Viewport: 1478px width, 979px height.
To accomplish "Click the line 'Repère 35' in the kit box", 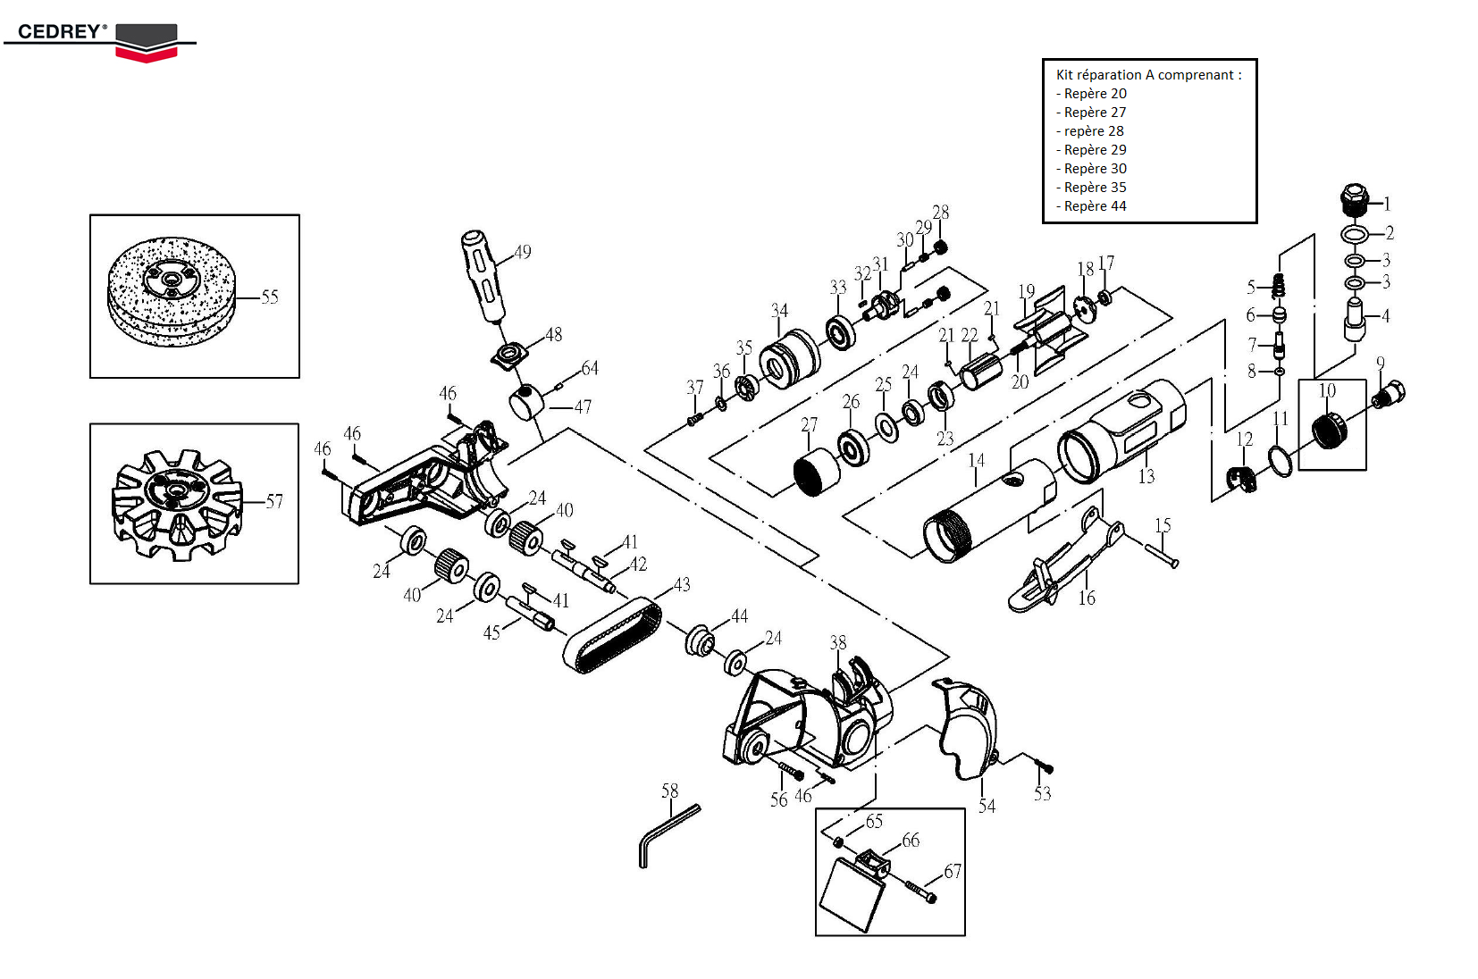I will pos(1095,188).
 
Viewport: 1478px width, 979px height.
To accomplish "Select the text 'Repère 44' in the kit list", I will pos(1095,206).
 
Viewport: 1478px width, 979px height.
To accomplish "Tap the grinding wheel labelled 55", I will pos(172,290).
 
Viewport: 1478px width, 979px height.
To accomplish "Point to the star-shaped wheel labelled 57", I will pos(177,505).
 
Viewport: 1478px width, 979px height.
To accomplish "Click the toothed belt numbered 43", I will pos(613,636).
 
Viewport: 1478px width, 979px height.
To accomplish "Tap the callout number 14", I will pos(976,460).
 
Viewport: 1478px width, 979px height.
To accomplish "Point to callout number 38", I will pos(837,642).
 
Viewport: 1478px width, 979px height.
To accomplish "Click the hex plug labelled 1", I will pos(1355,201).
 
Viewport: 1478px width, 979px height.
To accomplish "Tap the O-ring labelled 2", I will pos(1355,234).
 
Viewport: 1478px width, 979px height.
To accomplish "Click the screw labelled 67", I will pos(920,891).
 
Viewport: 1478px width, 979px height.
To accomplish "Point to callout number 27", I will pos(809,424).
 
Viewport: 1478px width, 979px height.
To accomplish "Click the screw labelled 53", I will pos(1044,766).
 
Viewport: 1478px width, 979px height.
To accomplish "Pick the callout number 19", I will pos(1026,291).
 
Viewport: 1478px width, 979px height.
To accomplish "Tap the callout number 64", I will pos(590,368).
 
